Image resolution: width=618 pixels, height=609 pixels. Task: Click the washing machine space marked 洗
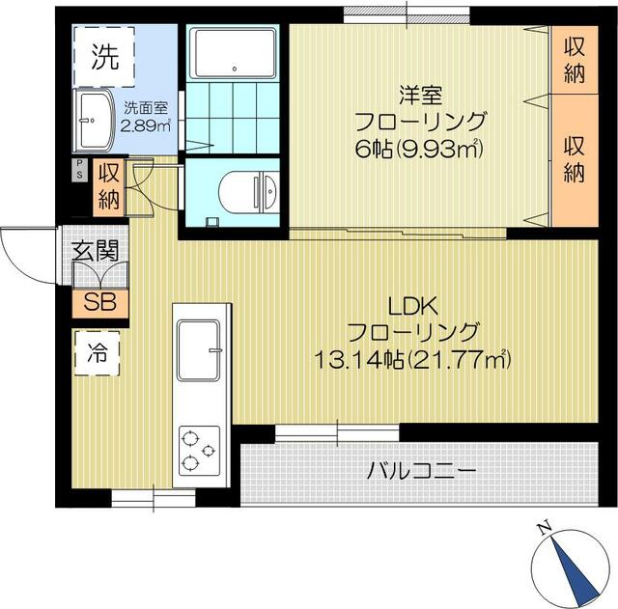[104, 56]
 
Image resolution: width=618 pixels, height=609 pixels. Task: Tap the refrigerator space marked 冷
[97, 353]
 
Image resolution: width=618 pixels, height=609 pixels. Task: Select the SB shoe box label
[100, 303]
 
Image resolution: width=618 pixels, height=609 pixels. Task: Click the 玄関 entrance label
[95, 251]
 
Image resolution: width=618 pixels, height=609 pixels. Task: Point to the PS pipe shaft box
[79, 170]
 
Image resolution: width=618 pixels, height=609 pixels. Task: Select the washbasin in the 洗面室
[94, 120]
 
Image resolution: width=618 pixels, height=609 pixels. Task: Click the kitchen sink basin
[198, 350]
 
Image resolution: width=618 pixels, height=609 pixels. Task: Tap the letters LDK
[413, 307]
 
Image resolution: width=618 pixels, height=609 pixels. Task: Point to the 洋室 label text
[421, 96]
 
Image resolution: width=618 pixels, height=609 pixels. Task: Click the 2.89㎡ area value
[145, 125]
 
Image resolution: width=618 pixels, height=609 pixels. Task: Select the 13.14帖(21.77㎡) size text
[412, 359]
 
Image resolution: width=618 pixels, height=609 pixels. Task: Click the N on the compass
[545, 529]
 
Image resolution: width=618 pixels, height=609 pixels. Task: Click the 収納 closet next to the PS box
[109, 187]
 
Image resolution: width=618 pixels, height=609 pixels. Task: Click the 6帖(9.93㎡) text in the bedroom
[418, 149]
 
